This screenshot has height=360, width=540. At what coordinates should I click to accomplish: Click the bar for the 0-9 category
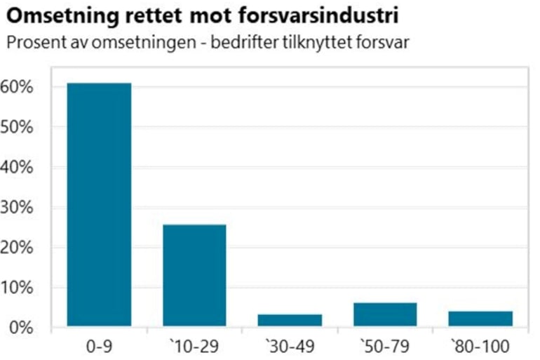[x=99, y=204]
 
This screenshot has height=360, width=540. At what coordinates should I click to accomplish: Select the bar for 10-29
[x=194, y=275]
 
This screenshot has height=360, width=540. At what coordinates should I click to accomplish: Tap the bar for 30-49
[x=290, y=320]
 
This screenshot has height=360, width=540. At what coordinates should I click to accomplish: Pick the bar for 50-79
[x=385, y=314]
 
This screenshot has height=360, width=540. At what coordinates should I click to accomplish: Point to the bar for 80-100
[x=480, y=319]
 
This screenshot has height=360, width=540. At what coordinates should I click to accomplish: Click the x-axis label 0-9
[x=98, y=346]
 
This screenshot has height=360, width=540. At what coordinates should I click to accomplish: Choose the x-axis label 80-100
[x=480, y=346]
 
